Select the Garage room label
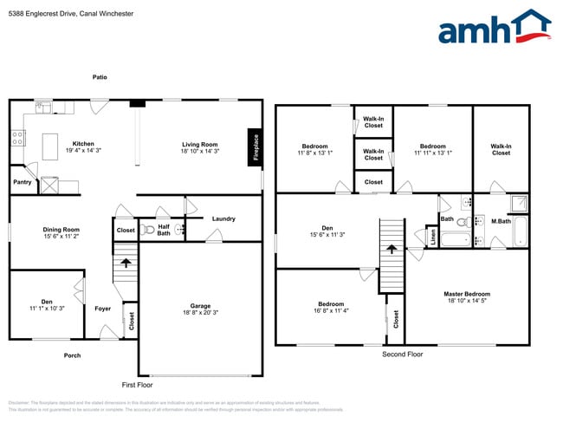tap(200, 306)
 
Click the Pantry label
tap(23, 182)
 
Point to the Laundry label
tap(223, 218)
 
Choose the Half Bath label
tap(164, 229)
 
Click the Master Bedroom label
tap(467, 295)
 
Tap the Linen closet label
tap(432, 236)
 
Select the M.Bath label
tap(501, 220)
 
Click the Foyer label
tap(102, 308)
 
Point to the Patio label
tap(100, 77)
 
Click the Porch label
tap(72, 355)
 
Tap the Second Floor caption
tap(403, 355)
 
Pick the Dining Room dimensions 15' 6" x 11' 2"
tap(61, 236)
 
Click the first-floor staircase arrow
tap(126, 262)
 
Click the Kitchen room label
tap(83, 144)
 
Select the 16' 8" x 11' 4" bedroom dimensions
tap(331, 310)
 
